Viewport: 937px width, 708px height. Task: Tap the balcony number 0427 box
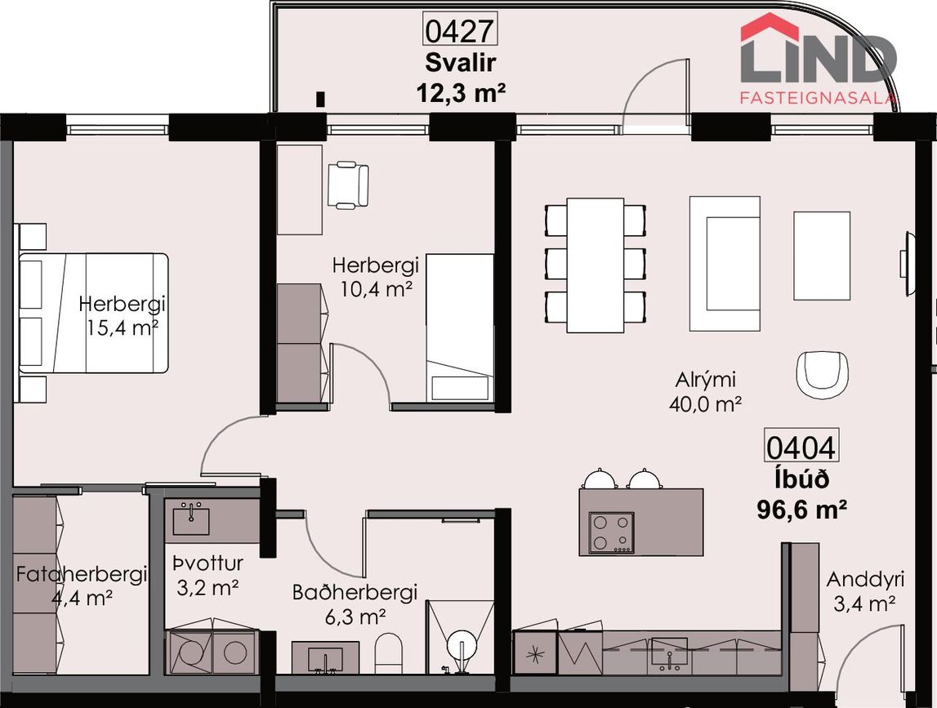coord(460,29)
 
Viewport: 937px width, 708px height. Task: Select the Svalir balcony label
coord(461,62)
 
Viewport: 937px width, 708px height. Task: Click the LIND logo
coord(819,59)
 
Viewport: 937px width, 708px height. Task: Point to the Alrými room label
coord(705,380)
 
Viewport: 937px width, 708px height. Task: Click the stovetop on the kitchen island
coord(611,532)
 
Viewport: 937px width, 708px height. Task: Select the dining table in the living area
coord(596,265)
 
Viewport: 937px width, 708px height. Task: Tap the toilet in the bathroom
coord(388,652)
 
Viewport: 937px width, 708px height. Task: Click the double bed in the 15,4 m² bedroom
coord(93,313)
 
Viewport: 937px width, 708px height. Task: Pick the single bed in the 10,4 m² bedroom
coord(460,327)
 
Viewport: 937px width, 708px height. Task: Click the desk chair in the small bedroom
coord(348,185)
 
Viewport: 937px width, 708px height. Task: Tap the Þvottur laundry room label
coord(208,563)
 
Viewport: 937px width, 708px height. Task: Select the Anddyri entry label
coord(864,580)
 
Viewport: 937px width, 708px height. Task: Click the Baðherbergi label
coord(355,592)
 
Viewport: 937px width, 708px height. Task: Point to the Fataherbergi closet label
coord(81,574)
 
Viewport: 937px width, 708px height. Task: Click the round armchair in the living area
coord(823,375)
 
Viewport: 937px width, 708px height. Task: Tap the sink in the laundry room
coord(191,519)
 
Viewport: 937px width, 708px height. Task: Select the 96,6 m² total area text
coord(801,510)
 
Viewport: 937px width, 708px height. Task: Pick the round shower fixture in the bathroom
coord(462,647)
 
